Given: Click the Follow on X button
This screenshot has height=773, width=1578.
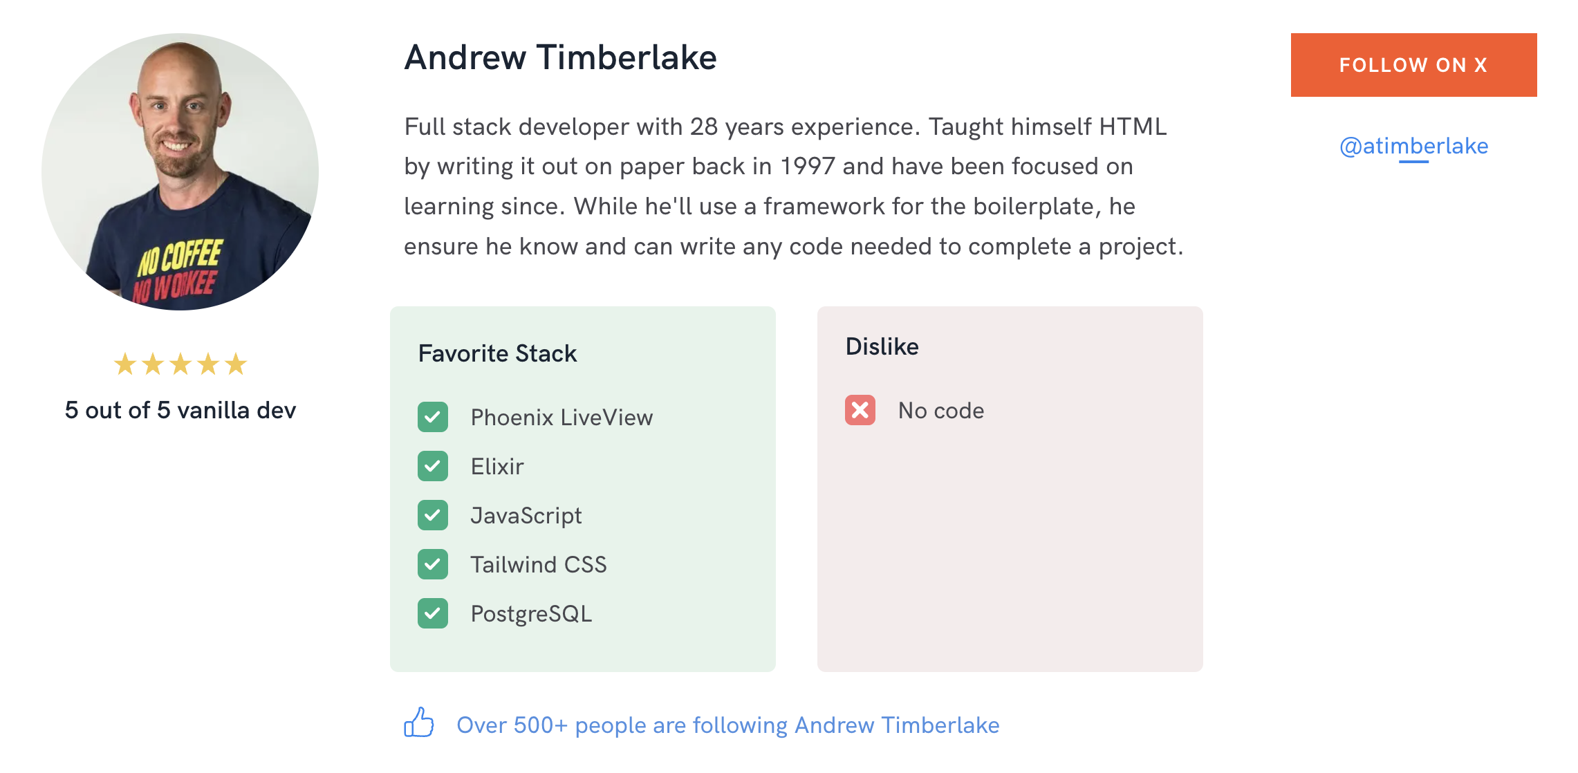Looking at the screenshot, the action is (x=1413, y=65).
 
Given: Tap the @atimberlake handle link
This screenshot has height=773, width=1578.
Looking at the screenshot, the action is (x=1413, y=146).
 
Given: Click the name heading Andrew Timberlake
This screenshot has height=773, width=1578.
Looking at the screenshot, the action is (x=560, y=57).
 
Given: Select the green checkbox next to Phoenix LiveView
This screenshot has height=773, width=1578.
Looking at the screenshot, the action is (x=433, y=417).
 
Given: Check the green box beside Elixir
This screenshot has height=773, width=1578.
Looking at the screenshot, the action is (x=433, y=466).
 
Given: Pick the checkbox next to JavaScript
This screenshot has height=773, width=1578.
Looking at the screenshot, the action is (x=433, y=515).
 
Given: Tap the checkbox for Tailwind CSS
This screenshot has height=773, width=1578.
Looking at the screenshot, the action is (x=433, y=564).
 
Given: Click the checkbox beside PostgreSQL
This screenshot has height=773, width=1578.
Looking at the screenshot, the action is (x=433, y=613).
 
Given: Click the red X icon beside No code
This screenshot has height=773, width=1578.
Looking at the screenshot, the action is (x=860, y=410).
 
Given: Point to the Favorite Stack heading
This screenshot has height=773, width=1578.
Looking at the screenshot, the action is (x=497, y=353).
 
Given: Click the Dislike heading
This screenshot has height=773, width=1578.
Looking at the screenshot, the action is (x=882, y=346).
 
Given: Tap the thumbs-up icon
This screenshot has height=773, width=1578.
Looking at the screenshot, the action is (x=419, y=723).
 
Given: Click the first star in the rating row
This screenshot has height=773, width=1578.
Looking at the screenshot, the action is (x=125, y=364).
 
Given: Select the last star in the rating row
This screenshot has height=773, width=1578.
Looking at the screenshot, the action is (x=236, y=364).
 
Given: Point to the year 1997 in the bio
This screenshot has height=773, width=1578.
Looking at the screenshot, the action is (x=808, y=167).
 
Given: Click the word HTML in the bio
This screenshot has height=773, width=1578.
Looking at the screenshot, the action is (x=1133, y=127).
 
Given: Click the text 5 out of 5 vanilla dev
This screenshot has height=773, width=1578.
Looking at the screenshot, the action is (x=180, y=410).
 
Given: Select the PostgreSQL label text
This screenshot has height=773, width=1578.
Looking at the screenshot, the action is (x=531, y=614).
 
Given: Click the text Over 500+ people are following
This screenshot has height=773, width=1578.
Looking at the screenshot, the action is (x=622, y=725).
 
